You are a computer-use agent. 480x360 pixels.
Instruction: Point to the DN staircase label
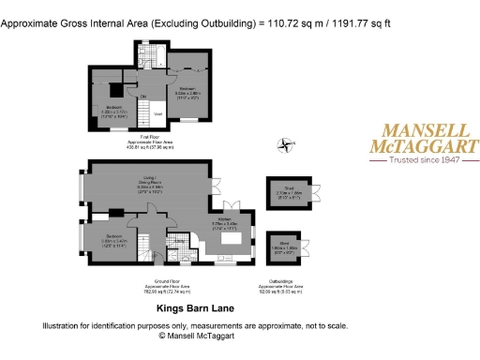coord(142,96)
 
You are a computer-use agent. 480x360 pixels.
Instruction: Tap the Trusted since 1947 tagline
coord(419,160)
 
